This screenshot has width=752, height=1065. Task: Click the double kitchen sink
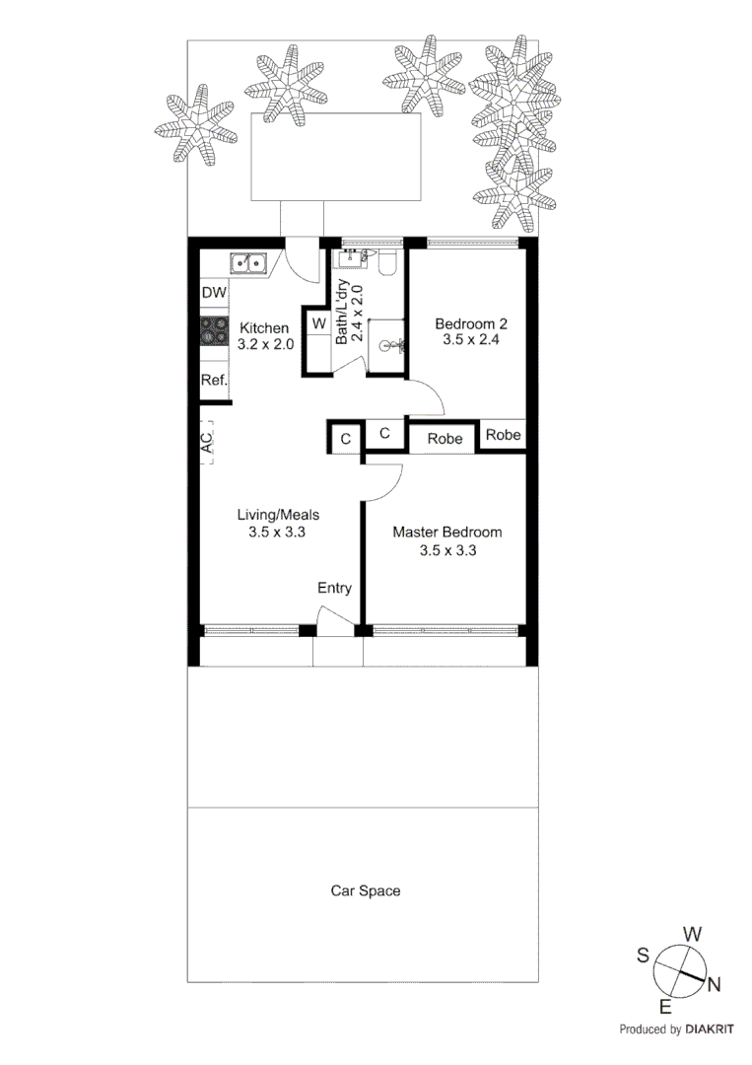[x=249, y=262]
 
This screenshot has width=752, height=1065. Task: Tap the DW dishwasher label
[x=214, y=293]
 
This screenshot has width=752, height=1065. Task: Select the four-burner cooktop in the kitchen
[x=214, y=333]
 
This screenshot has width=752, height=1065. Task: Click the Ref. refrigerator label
[x=214, y=380]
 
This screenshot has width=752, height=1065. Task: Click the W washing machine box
[x=318, y=322]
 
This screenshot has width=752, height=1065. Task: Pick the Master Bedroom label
[x=446, y=532]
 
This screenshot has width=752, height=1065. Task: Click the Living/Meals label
[x=278, y=514]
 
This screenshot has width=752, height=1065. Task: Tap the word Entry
[x=334, y=589]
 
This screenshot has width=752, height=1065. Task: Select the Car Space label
[x=365, y=890]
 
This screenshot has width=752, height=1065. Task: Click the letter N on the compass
[x=715, y=983]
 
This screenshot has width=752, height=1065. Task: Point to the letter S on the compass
[x=642, y=954]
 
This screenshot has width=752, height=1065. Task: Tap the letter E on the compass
[x=665, y=1006]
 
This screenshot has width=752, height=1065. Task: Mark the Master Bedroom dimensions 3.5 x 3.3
[x=446, y=550]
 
